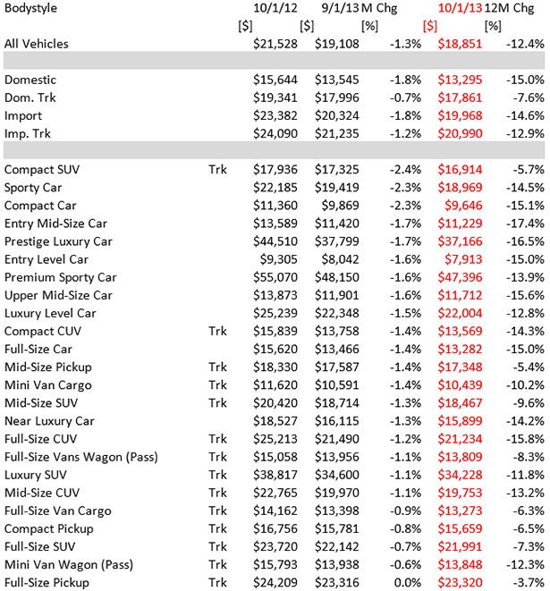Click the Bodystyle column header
(x=32, y=9)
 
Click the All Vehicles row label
(x=37, y=44)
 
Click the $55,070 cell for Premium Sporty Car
(x=278, y=277)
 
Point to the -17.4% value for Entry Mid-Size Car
(x=523, y=224)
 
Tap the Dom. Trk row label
(x=30, y=97)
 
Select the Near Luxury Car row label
(x=49, y=420)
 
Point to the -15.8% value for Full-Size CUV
(x=523, y=439)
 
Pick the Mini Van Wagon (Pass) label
(x=67, y=565)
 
